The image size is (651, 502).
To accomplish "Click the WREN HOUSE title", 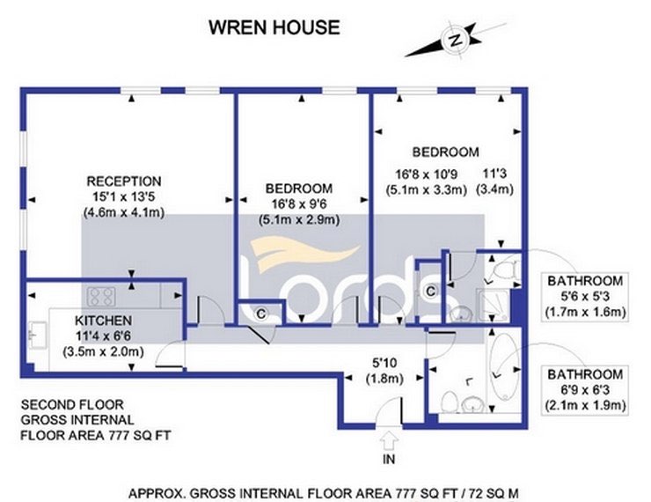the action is click(274, 27).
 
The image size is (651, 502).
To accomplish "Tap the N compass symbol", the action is click(456, 41).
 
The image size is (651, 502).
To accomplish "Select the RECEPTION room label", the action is click(124, 181).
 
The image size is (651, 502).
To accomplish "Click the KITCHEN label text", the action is click(104, 321).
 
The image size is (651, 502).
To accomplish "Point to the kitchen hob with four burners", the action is click(101, 297).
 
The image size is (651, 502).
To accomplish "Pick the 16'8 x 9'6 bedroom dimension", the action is click(299, 204).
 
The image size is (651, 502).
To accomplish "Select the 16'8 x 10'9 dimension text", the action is click(426, 174).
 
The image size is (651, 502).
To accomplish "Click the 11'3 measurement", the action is click(494, 173).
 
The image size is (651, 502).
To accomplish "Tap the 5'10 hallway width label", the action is click(384, 363).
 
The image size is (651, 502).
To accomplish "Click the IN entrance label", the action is click(389, 459).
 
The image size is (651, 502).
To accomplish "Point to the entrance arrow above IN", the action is click(389, 440).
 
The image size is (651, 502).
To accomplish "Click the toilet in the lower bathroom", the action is click(449, 402).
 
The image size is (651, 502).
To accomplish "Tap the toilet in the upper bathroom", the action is click(505, 270).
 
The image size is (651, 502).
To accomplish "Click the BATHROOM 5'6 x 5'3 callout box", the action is click(584, 296).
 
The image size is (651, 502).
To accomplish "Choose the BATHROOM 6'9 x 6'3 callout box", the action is click(584, 390).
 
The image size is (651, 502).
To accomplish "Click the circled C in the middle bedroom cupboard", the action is click(260, 314).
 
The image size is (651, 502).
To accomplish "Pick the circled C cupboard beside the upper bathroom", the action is click(430, 291).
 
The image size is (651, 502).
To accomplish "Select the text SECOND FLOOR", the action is click(72, 404).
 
